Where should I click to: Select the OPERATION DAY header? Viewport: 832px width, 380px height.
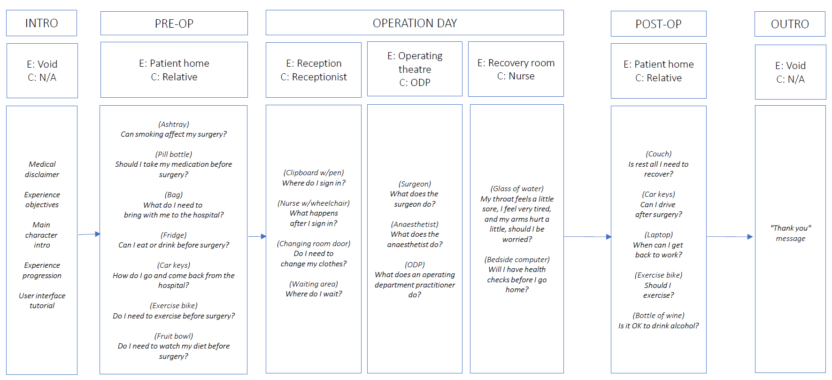(x=415, y=23)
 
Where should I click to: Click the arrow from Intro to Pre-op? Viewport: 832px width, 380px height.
(x=89, y=234)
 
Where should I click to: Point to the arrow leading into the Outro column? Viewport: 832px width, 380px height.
(x=730, y=237)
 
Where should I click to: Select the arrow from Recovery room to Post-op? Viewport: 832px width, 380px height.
(x=588, y=237)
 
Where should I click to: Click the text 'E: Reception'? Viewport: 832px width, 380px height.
(x=314, y=63)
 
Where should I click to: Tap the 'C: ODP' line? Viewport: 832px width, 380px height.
(x=415, y=83)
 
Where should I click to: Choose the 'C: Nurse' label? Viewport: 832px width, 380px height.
(x=516, y=76)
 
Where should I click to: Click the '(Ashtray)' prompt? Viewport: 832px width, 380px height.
(x=174, y=124)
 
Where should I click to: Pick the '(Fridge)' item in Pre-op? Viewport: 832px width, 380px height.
(x=174, y=235)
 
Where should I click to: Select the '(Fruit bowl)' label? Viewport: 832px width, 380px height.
(x=174, y=336)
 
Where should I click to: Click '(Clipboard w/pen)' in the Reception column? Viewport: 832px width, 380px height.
(x=314, y=172)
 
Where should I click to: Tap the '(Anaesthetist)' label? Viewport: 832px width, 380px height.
(x=415, y=224)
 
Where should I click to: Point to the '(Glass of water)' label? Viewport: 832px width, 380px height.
(x=517, y=188)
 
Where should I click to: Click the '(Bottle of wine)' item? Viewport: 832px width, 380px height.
(x=658, y=315)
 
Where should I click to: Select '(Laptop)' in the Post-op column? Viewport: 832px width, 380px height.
(x=658, y=234)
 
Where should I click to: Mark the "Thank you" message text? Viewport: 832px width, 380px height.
(x=790, y=233)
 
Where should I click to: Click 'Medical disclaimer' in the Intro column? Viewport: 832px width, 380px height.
(x=42, y=169)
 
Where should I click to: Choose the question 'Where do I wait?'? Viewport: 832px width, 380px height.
(x=314, y=294)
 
